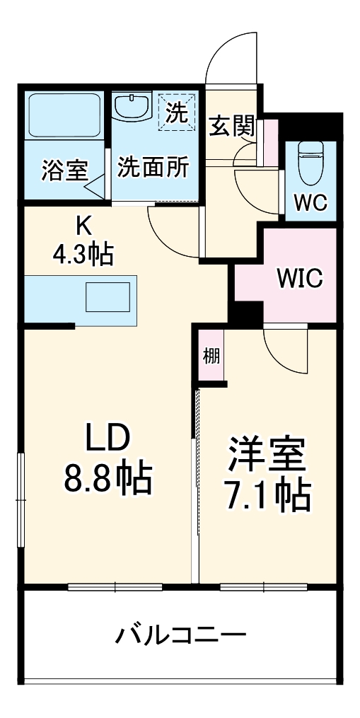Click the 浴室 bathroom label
[64, 170]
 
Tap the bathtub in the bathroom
[64, 115]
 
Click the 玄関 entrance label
[231, 127]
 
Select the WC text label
[310, 204]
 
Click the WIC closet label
[299, 278]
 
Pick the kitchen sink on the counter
[108, 297]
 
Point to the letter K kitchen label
[83, 226]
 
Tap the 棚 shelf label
[211, 356]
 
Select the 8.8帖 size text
[108, 480]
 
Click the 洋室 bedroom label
[267, 456]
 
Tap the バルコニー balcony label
[181, 635]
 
